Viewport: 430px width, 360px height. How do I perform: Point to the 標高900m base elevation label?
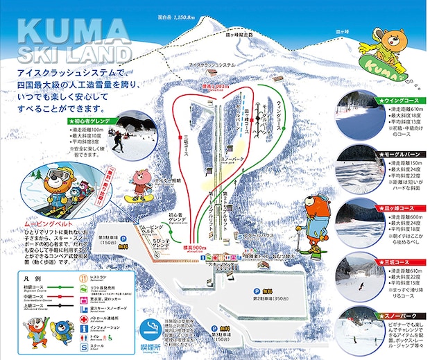tap(196, 248)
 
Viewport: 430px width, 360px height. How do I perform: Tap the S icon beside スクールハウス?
tap(241, 238)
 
